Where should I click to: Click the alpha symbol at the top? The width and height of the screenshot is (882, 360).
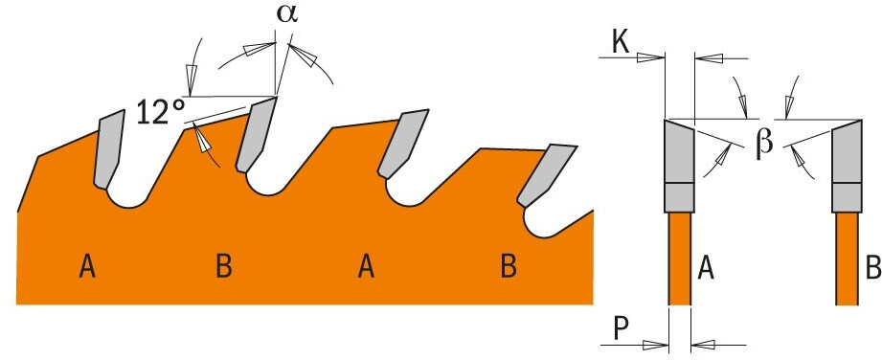click(287, 14)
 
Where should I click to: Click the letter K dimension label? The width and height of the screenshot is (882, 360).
click(621, 42)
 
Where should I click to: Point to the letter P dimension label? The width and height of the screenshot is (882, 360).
click(621, 330)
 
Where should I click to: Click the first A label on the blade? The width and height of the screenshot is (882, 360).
click(86, 266)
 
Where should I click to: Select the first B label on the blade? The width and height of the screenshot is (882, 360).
click(224, 266)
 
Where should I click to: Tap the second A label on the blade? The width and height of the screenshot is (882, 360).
click(366, 266)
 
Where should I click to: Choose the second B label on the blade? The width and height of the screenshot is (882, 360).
click(509, 266)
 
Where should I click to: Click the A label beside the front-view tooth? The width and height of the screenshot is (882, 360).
click(706, 268)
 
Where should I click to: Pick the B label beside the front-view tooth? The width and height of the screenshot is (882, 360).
click(873, 268)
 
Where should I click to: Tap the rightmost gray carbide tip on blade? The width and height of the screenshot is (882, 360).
click(546, 175)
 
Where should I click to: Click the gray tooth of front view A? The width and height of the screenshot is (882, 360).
click(680, 166)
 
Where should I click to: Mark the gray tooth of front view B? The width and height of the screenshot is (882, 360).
click(848, 166)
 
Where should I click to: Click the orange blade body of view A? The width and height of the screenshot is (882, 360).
click(680, 259)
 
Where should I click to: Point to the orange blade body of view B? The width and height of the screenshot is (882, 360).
click(848, 259)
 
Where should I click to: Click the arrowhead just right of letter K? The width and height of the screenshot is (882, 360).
click(651, 57)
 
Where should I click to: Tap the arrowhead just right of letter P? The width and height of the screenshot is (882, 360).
click(654, 345)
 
